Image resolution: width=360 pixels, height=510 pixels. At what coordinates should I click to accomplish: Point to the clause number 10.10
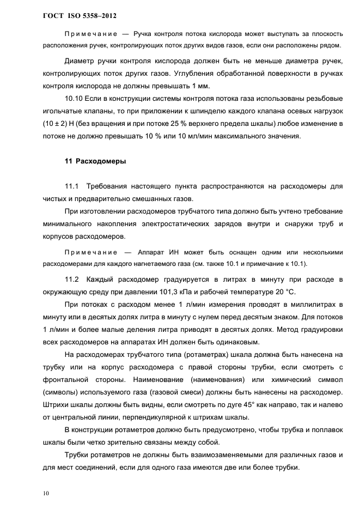coord(74,99)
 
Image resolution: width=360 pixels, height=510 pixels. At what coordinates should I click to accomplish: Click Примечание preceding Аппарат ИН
coord(91,252)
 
